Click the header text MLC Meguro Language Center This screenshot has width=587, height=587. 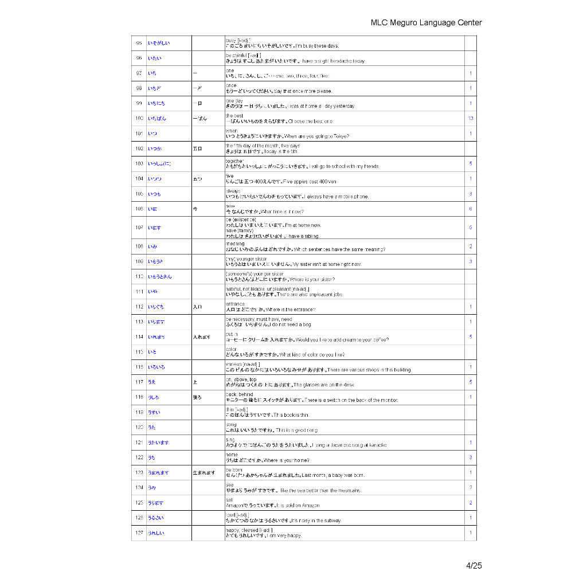426,23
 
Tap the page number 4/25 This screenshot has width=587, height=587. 473,566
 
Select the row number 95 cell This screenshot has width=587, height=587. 139,44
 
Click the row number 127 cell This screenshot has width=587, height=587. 139,533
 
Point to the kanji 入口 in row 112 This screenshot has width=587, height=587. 197,307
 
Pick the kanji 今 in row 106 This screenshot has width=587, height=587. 195,209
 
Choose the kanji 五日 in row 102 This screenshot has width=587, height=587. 197,149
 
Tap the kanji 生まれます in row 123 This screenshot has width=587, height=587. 204,473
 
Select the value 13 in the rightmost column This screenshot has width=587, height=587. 470,119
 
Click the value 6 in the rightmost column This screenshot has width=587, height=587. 470,209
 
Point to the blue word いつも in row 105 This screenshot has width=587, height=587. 154,194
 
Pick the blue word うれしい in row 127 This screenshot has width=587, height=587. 156,534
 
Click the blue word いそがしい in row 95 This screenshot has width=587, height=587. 159,44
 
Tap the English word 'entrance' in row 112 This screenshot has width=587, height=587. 235,304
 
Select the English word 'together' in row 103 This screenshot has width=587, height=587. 234,162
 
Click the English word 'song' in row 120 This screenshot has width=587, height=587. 231,424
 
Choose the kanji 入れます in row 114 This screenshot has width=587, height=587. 201,337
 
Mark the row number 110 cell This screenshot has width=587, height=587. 139,277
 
